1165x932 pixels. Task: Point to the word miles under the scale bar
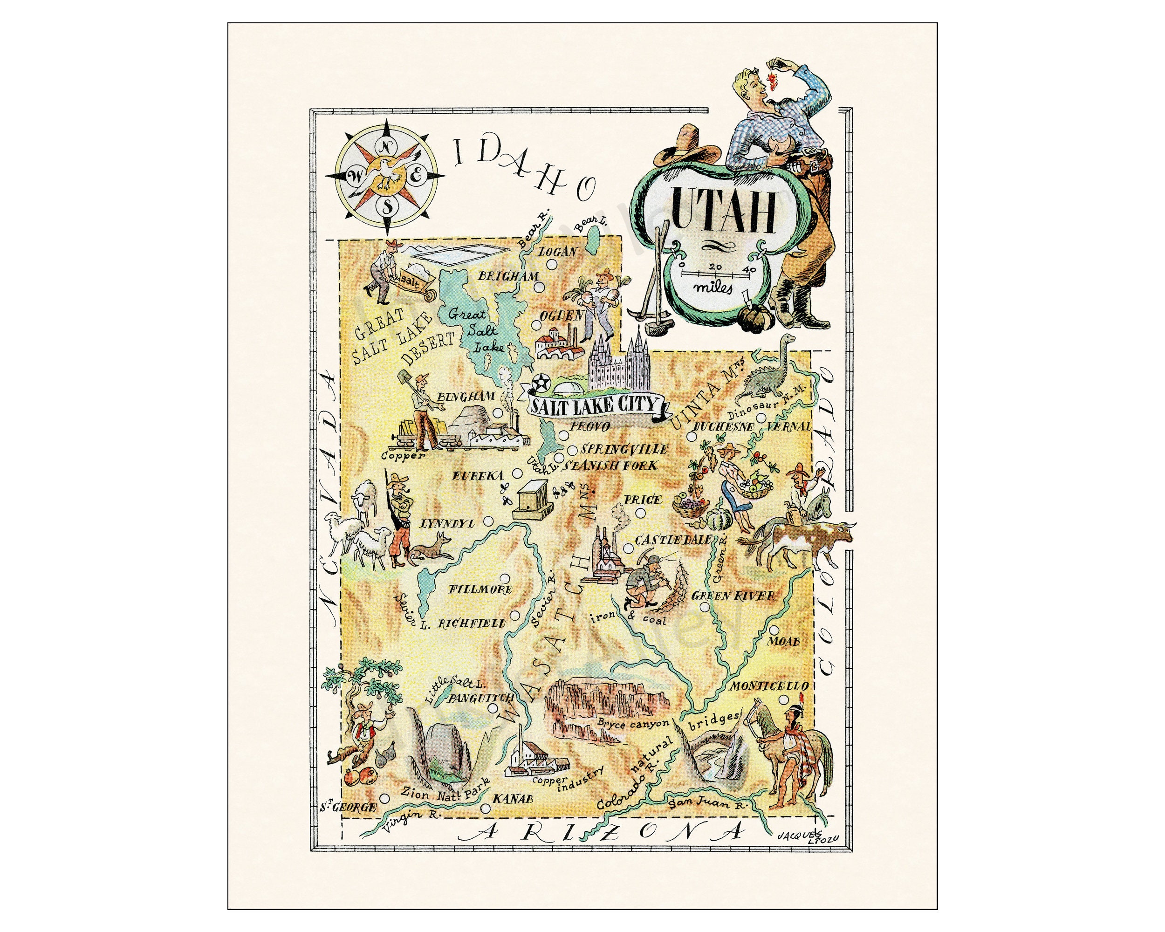714,288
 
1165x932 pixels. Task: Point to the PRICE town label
643,500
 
